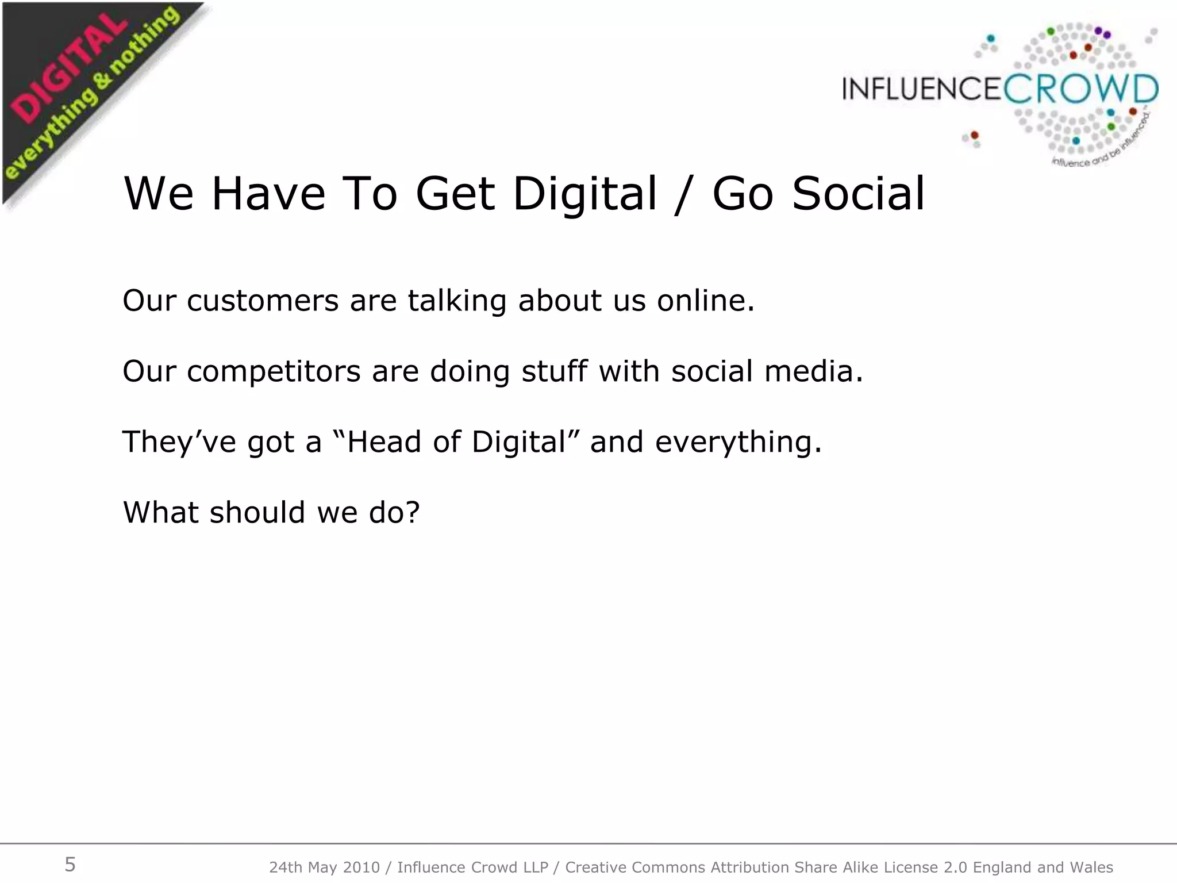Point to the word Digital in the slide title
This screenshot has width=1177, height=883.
click(x=584, y=194)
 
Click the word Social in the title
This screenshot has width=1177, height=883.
click(x=859, y=194)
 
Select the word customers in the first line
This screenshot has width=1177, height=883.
click(x=263, y=301)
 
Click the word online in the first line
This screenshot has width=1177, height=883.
click(x=705, y=301)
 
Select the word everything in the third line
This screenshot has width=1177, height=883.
click(x=738, y=442)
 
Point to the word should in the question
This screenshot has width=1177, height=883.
click(x=257, y=512)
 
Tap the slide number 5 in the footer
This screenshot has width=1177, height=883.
click(x=70, y=865)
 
